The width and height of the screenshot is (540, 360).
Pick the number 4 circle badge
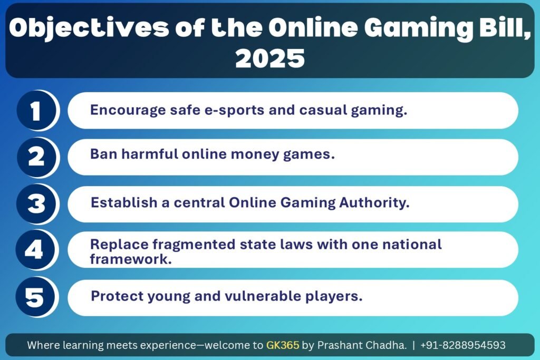tap(36, 250)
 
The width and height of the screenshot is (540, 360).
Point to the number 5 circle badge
tap(36, 297)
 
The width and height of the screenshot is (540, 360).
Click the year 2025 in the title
tap(270, 58)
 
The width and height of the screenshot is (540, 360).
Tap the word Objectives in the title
tap(89, 28)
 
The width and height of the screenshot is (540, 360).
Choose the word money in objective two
tap(255, 154)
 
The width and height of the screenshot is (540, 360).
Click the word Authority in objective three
tap(374, 203)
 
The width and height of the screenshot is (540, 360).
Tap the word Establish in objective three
tap(124, 202)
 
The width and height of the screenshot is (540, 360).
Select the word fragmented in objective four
tap(194, 245)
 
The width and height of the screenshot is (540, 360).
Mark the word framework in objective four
tap(131, 259)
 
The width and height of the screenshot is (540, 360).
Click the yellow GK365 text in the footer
tap(283, 345)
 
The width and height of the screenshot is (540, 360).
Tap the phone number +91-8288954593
tap(463, 345)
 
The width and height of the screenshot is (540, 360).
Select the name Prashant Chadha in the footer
tap(362, 345)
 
